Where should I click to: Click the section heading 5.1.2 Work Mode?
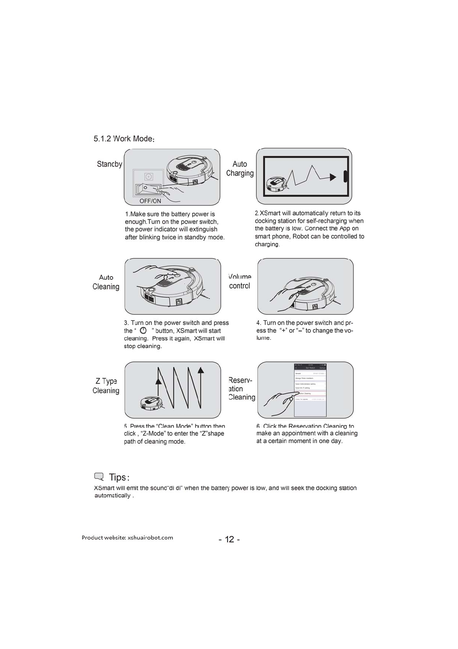coord(124,139)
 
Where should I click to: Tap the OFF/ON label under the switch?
coord(150,201)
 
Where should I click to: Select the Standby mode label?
coord(109,164)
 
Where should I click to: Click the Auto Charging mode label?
coord(240,169)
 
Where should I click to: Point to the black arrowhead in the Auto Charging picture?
coord(333,177)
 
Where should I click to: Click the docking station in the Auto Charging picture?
coord(345,176)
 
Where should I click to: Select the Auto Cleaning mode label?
coord(106,282)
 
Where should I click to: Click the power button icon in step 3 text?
coord(143,331)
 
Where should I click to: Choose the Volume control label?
coord(239,281)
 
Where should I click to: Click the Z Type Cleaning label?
coord(106,386)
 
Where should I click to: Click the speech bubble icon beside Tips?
coord(99,477)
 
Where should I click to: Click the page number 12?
coord(229,539)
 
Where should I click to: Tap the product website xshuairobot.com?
coord(150,538)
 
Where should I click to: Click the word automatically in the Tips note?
coord(112,496)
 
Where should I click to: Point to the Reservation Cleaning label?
coord(241,389)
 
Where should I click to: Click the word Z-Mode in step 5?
coord(154,434)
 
